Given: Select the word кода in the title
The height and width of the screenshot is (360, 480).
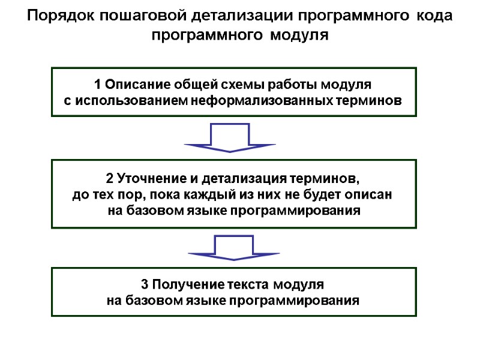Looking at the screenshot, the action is click(433, 16).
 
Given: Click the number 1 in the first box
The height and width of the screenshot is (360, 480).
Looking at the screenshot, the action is click(98, 84).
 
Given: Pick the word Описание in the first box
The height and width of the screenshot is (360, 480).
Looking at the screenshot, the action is click(136, 84).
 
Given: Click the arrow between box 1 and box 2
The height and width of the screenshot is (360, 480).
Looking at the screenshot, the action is click(229, 137).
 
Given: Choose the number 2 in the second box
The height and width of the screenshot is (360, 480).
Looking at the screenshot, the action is click(109, 179).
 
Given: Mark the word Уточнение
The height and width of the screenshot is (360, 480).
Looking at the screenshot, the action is click(148, 179).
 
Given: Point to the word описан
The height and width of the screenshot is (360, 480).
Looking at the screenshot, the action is click(373, 195).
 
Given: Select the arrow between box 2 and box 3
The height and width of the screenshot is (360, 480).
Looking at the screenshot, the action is click(233, 248).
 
